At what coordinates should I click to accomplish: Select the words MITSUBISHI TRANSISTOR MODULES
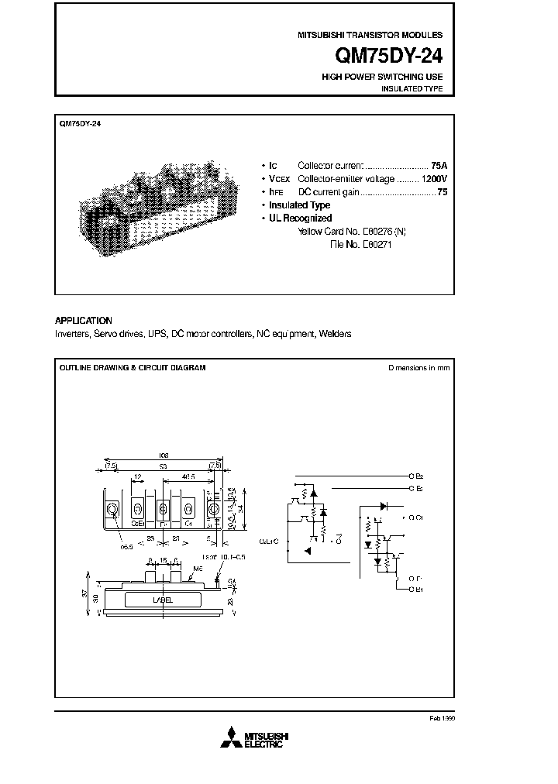point(370,36)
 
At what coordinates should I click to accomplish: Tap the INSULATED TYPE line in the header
point(412,89)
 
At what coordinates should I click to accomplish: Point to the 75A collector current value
point(439,166)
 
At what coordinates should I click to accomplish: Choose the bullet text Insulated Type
point(299,205)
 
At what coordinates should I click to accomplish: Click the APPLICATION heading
point(84,321)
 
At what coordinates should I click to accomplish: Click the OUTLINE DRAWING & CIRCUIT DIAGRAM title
point(133,368)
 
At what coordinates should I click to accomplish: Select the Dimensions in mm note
point(418,368)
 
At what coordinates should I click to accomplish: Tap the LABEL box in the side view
point(162,600)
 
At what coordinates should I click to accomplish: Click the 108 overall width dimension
point(164,456)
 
